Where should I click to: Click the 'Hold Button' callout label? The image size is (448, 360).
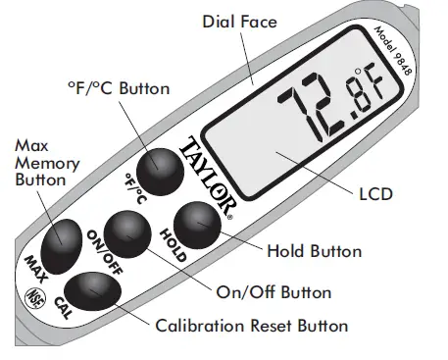(314, 251)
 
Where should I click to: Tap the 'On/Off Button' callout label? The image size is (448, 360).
(275, 291)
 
